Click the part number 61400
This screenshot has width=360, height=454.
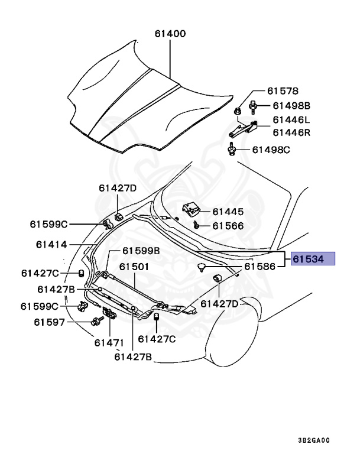click(x=170, y=34)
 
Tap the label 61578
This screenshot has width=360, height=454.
click(x=283, y=91)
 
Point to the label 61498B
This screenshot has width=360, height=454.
click(x=291, y=106)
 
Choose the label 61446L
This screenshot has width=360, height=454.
click(x=291, y=120)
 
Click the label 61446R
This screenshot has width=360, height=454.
click(x=291, y=133)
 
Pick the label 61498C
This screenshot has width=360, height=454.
click(x=271, y=150)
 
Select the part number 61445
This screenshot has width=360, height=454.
click(x=228, y=211)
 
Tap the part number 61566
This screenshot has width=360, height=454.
click(x=228, y=225)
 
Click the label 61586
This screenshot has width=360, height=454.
click(x=261, y=267)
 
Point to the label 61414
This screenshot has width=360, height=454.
click(x=52, y=244)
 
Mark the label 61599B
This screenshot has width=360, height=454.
click(x=141, y=251)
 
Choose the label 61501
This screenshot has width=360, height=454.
click(x=134, y=267)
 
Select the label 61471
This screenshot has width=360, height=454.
click(x=109, y=342)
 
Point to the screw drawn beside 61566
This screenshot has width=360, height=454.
click(x=197, y=225)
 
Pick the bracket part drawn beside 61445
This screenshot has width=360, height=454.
click(x=191, y=209)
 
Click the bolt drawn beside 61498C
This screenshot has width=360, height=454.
click(x=231, y=148)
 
